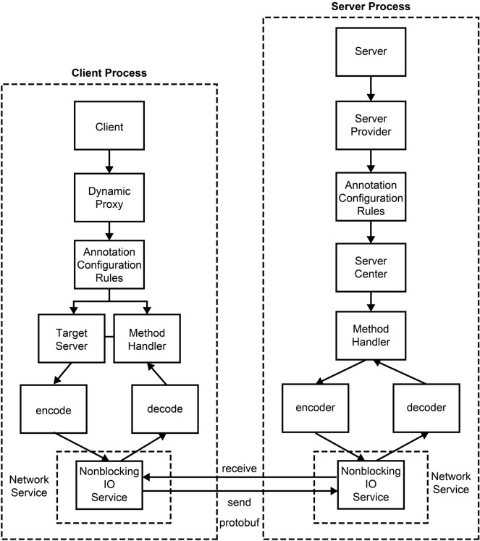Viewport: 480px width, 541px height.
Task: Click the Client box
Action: click(109, 127)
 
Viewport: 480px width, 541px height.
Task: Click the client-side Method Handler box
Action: click(147, 340)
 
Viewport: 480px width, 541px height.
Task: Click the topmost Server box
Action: click(371, 53)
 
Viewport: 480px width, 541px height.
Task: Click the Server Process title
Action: click(370, 7)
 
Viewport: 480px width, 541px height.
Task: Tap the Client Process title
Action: click(109, 73)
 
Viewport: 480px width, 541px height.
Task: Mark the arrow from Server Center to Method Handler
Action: click(371, 301)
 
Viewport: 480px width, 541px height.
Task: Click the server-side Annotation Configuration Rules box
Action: click(371, 196)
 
